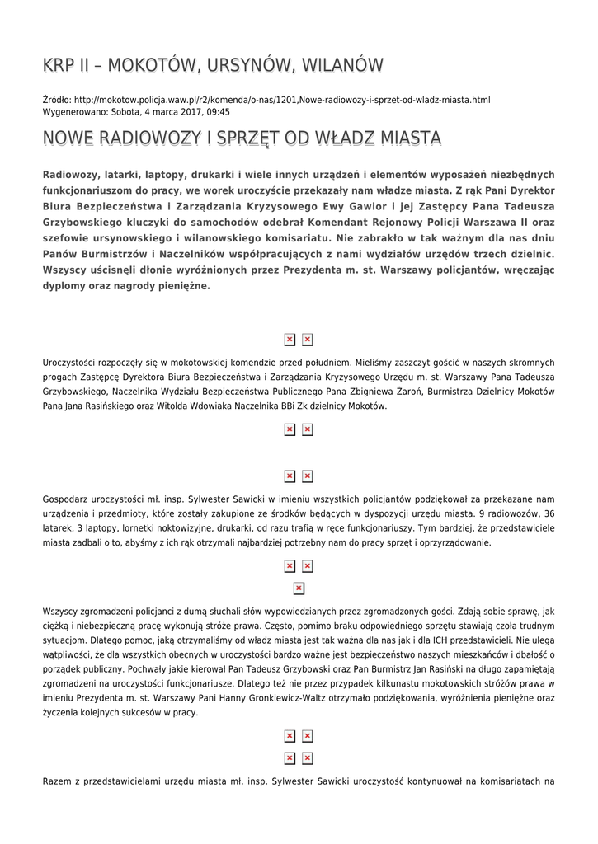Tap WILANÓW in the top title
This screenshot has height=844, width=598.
click(342, 66)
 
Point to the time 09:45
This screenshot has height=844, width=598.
click(218, 112)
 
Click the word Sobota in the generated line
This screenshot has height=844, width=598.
click(125, 112)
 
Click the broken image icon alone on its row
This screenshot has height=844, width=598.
click(299, 588)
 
